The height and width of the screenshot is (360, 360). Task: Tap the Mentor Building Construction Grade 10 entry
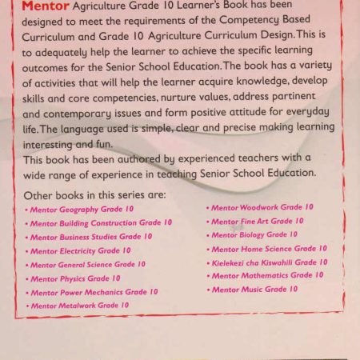point(95,223)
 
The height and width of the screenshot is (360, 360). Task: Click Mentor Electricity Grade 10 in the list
point(79,250)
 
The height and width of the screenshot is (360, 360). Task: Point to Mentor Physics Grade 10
point(74,278)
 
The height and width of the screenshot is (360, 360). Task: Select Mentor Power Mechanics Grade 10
point(94,292)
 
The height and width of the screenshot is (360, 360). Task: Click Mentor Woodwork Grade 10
point(262,207)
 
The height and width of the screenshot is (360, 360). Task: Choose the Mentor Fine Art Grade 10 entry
point(257,221)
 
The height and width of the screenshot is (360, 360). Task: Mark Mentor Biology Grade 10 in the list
point(254,234)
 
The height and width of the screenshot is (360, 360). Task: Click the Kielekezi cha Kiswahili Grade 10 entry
point(269,262)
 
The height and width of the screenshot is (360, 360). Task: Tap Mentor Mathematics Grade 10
point(267,275)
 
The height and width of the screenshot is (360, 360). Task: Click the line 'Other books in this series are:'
point(95,195)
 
